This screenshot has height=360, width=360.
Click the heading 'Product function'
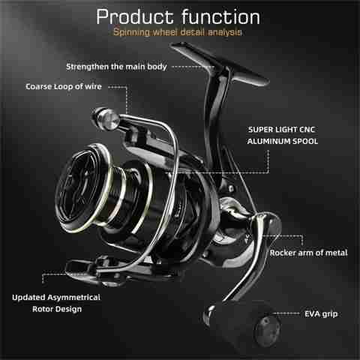pos(178,17)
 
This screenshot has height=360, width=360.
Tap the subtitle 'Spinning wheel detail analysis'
pos(178,32)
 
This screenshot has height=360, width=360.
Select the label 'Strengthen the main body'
pos(116,67)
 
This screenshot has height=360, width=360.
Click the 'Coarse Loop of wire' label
pos(64,86)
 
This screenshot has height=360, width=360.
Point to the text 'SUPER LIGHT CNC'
pos(281,130)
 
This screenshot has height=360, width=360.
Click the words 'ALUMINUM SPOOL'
pos(283,141)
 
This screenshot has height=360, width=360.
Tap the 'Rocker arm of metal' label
pos(308,253)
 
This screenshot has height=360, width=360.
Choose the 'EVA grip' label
pos(321,314)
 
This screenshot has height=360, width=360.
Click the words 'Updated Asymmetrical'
pos(56,298)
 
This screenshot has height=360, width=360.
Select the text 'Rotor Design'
pos(57,309)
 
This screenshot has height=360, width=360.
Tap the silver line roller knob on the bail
pos(106,118)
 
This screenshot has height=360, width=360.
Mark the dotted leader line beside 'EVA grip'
pos(286,313)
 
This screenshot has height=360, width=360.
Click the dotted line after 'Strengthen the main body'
pos(193,67)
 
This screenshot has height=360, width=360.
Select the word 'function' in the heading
pos(221,17)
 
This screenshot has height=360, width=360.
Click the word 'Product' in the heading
pos(135,17)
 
